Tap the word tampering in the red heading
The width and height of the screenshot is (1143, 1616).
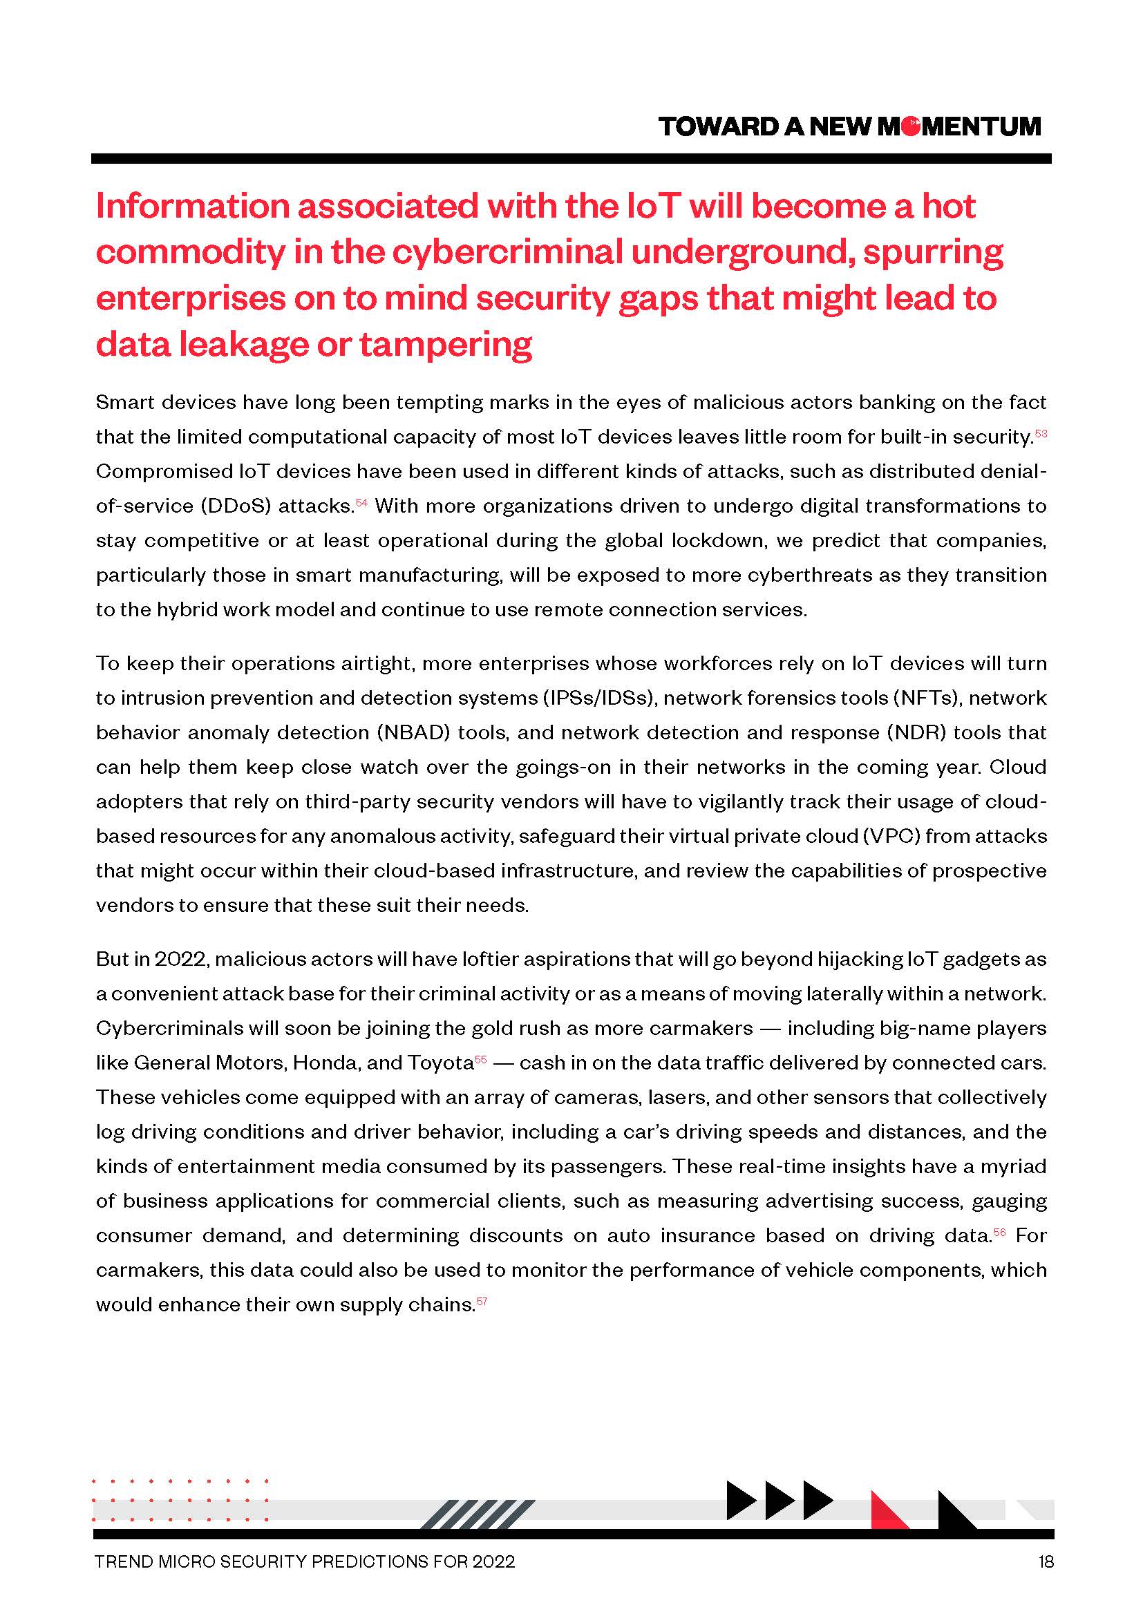(446, 345)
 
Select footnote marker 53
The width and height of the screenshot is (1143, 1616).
(1041, 433)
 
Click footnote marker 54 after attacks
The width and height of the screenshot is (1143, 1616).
(361, 502)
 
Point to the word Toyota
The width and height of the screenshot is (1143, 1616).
(440, 1062)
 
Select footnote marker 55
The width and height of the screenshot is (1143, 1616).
(481, 1058)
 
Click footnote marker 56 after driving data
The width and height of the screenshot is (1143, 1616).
(999, 1232)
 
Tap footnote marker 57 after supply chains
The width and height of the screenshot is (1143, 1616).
(482, 1301)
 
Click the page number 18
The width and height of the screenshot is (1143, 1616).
(1045, 1562)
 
